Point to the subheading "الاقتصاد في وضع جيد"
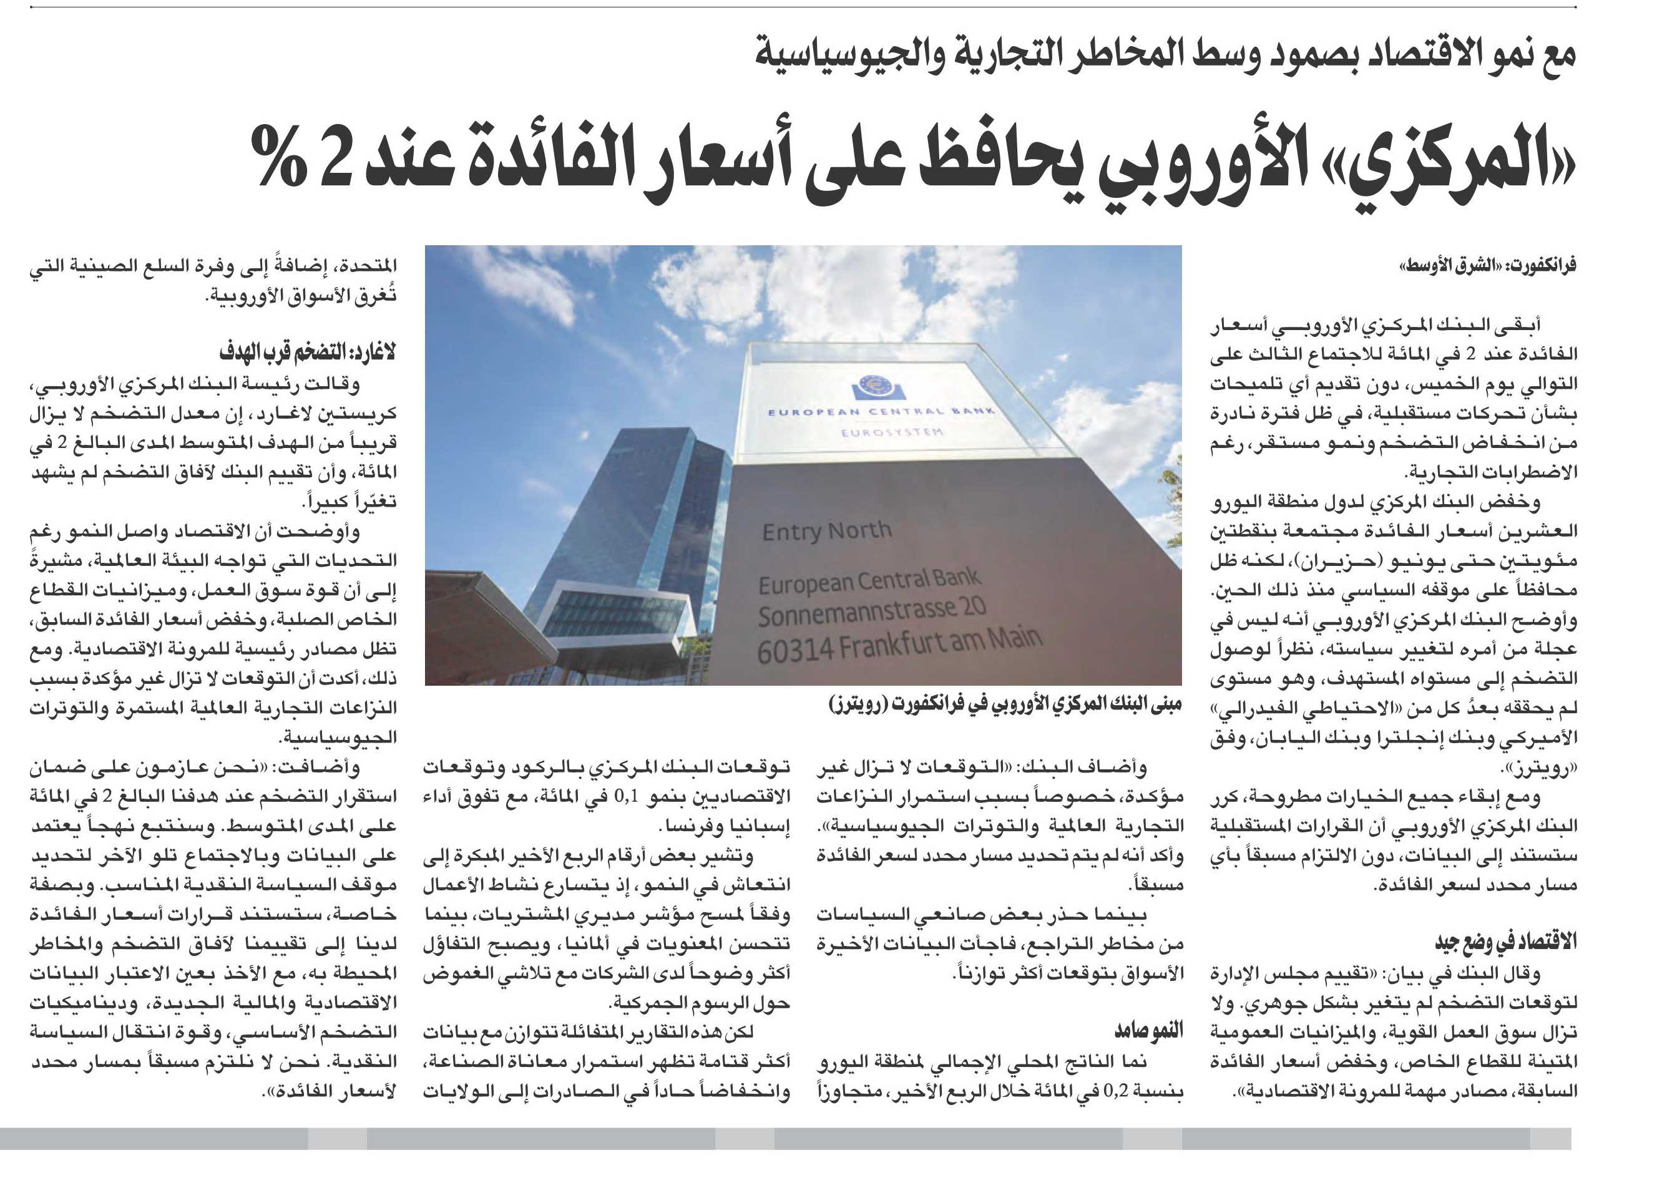[1506, 942]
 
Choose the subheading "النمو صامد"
[1148, 1030]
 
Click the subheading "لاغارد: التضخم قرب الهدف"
[308, 353]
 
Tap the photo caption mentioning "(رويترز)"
[1005, 704]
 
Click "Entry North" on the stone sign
[826, 531]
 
